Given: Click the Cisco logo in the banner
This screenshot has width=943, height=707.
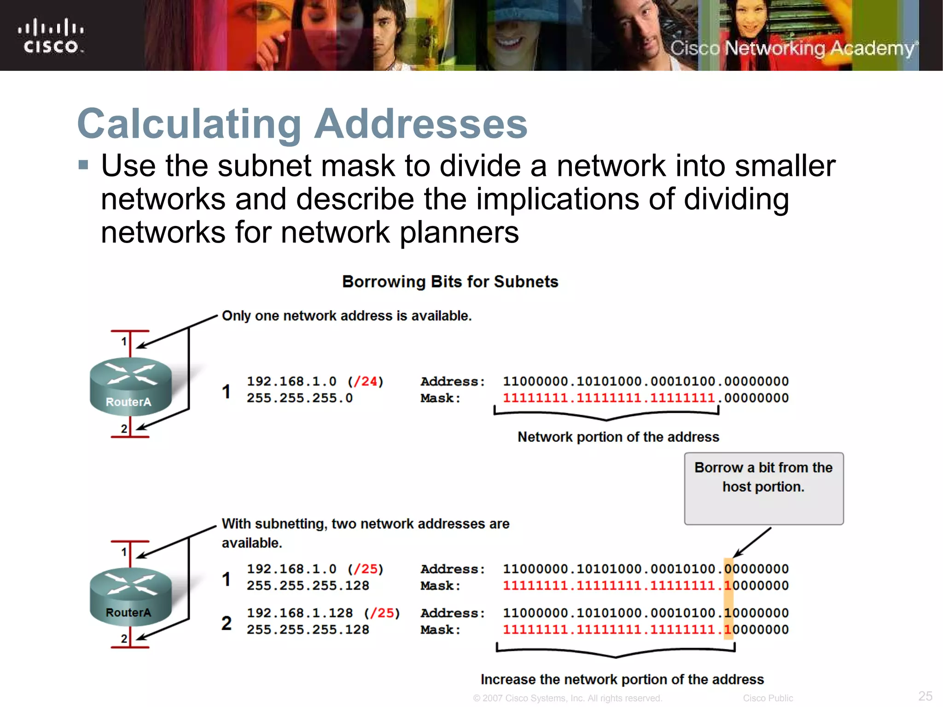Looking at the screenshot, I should click(51, 36).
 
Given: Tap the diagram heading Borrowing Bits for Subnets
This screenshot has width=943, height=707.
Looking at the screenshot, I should click(450, 281).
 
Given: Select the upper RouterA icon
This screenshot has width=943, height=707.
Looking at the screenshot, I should click(130, 386).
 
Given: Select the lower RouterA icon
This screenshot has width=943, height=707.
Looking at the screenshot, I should click(130, 597).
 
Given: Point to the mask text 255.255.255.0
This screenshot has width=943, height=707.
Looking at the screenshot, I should click(299, 398).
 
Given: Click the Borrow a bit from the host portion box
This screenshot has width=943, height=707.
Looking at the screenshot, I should click(763, 488).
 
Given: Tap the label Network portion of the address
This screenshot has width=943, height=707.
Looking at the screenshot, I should click(618, 437).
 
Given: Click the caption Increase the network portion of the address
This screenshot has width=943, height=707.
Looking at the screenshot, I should click(622, 679).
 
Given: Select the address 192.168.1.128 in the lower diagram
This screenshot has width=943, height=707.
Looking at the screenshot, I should click(300, 613).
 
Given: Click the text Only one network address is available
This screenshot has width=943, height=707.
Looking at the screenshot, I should click(347, 316).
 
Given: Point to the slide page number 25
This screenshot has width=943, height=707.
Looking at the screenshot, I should click(925, 695).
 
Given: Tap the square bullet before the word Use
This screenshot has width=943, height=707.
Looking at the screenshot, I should click(83, 165).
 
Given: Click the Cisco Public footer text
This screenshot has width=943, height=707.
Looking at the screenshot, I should click(768, 698).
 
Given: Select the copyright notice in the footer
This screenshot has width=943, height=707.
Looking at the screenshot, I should click(567, 698).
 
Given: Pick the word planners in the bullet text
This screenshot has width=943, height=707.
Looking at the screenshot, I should click(459, 232).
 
